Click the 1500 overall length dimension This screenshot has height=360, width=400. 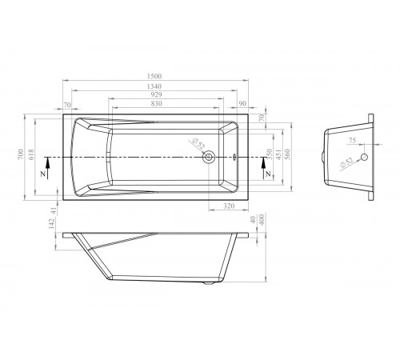(x=154, y=76)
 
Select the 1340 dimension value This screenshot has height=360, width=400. (x=154, y=86)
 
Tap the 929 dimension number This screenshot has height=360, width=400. (x=156, y=94)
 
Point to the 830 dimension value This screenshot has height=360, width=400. (x=156, y=103)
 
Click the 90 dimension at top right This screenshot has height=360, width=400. (x=242, y=103)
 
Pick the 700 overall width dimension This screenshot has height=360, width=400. (x=21, y=154)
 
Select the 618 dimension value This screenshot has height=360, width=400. (x=31, y=154)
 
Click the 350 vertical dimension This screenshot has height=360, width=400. (x=270, y=154)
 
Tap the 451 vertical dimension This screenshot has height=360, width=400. (x=278, y=154)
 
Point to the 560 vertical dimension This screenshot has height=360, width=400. (x=287, y=154)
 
